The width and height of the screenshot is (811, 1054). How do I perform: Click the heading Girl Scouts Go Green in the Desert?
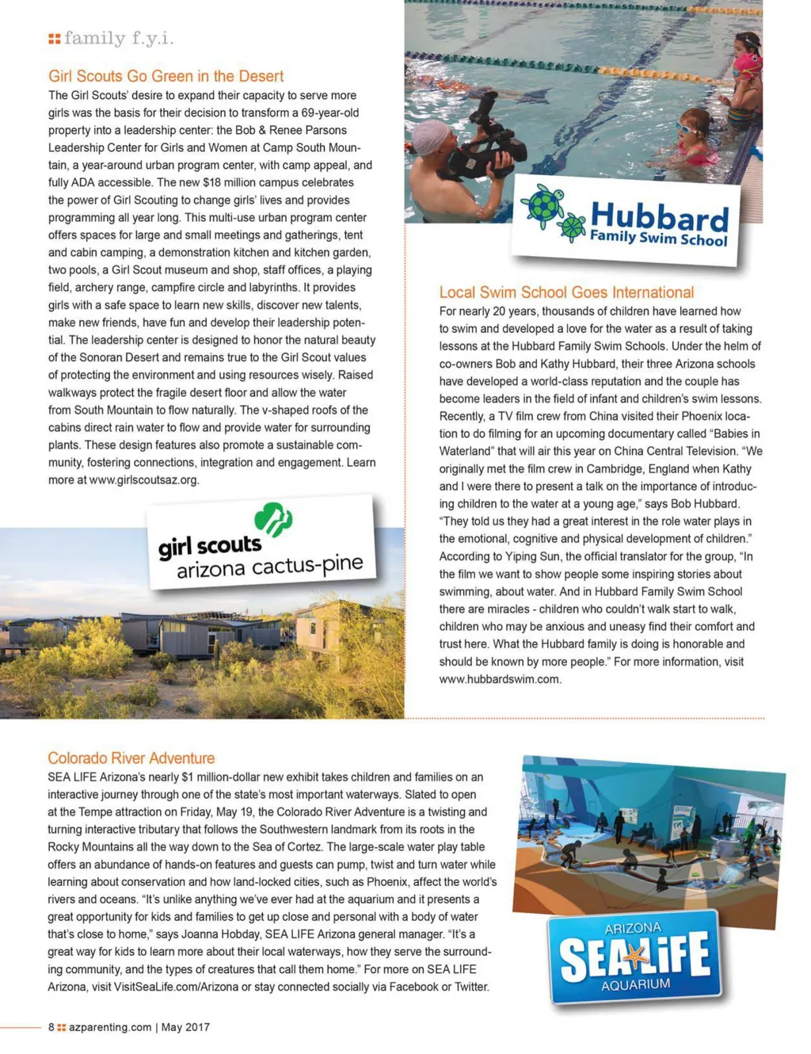(166, 76)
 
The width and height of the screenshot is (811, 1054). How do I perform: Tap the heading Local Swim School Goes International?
(566, 292)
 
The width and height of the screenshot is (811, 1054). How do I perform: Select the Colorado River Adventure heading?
(131, 758)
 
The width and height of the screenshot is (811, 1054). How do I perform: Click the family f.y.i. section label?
(118, 38)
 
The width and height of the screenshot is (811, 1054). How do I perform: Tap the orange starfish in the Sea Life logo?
(634, 958)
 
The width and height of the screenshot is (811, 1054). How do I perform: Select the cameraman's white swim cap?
(430, 136)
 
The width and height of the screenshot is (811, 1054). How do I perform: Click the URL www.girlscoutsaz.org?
(143, 480)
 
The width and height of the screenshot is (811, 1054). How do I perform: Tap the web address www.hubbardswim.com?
(500, 679)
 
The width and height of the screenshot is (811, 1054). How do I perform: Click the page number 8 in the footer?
(51, 1027)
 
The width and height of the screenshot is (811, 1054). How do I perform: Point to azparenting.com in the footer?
(110, 1027)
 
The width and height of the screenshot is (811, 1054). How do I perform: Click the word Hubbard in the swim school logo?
(659, 216)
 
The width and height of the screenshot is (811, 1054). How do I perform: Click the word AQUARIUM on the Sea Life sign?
(636, 985)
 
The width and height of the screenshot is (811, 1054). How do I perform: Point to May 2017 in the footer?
(185, 1027)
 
